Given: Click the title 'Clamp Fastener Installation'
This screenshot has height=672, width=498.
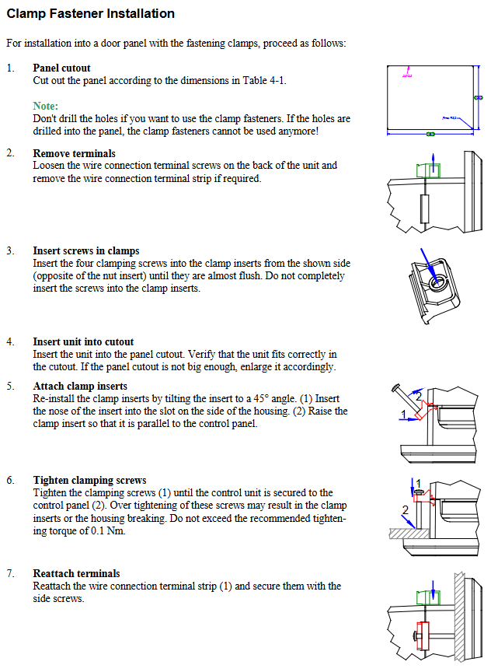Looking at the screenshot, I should coord(90,14).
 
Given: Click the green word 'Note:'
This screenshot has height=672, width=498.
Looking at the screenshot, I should coord(46,106).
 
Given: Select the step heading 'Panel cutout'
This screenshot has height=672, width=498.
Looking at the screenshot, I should coord(61,68).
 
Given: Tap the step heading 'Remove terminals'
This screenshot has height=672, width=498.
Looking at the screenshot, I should coord(74,153).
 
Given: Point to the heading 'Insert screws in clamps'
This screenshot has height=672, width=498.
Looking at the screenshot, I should coord(86,250).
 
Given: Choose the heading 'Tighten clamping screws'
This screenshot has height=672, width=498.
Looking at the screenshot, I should coord(89,480).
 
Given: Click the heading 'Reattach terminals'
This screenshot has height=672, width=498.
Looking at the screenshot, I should coord(76,573).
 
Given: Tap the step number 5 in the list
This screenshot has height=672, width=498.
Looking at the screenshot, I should coord(10,386).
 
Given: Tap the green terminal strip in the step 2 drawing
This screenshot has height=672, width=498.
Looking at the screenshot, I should coord(428,170).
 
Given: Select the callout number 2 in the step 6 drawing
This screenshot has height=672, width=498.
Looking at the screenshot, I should coord(404,510).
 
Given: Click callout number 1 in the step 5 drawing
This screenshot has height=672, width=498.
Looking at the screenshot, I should coord(402,413).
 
